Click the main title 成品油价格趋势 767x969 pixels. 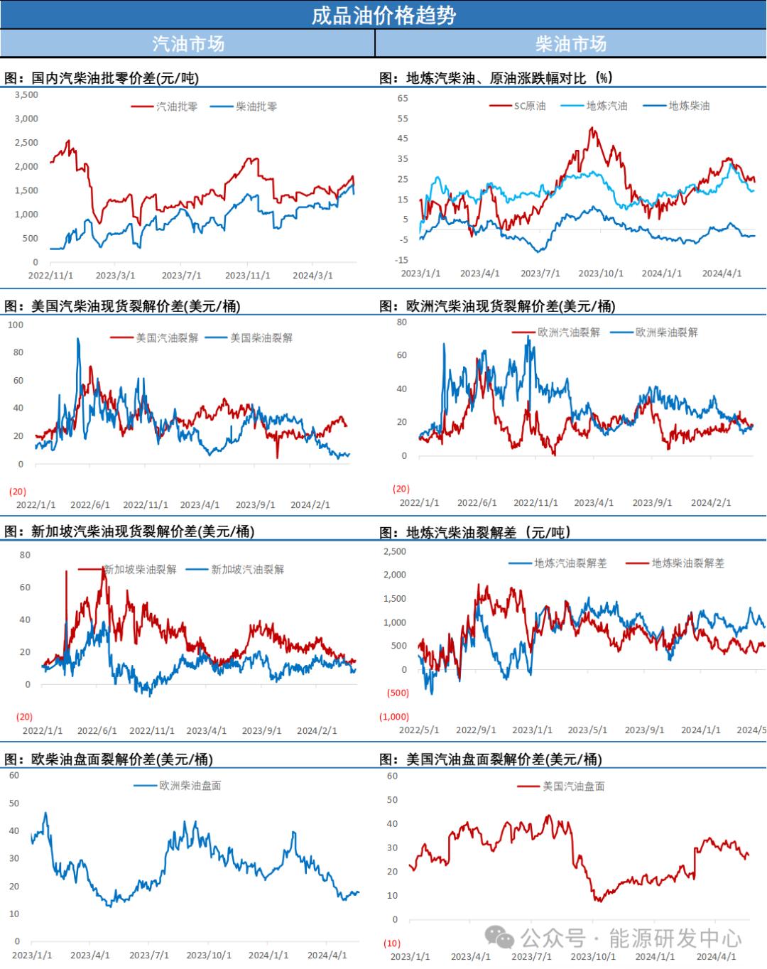click(383, 15)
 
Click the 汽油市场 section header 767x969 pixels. click(188, 44)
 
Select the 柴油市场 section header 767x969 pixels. click(571, 44)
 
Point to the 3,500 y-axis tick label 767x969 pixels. click(26, 94)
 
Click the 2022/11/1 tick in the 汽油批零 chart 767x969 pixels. click(50, 276)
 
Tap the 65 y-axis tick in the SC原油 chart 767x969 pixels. click(403, 98)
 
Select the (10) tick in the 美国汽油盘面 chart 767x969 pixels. click(392, 943)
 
